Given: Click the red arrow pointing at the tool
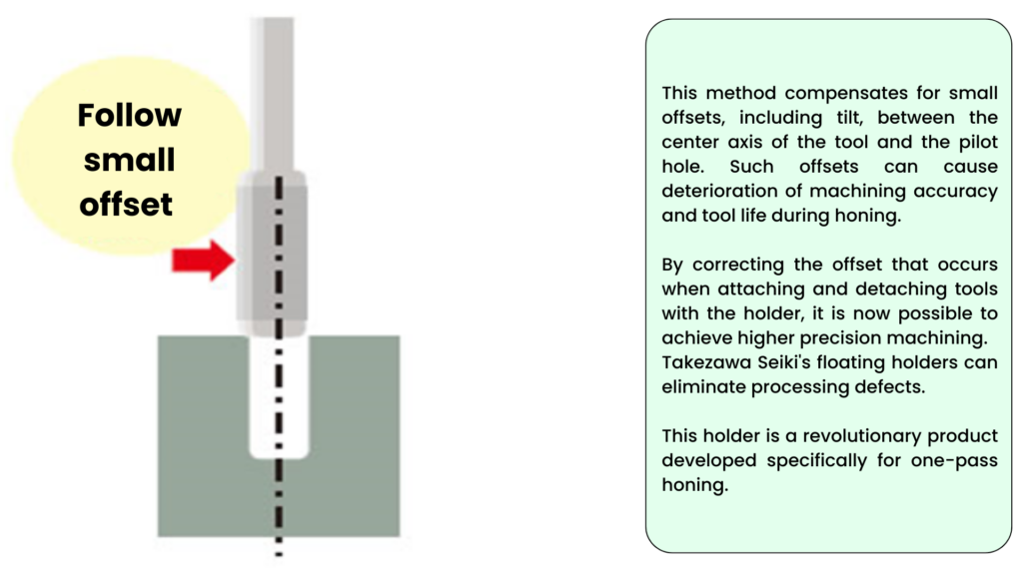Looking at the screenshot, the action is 203,261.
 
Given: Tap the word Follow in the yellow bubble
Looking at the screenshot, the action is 129,116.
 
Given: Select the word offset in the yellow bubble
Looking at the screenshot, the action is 126,205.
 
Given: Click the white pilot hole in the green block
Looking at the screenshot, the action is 279,396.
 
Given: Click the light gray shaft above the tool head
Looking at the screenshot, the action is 272,95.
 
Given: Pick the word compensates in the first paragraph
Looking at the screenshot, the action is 845,94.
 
